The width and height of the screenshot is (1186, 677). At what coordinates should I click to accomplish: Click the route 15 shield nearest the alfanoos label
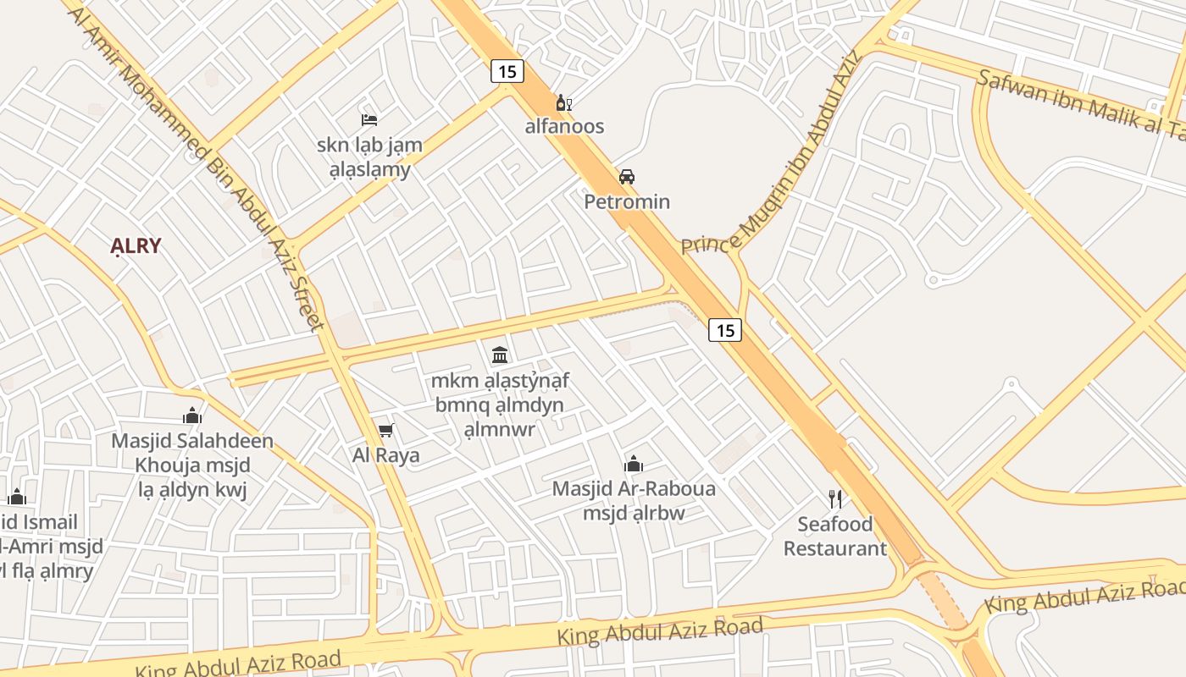pos(507,71)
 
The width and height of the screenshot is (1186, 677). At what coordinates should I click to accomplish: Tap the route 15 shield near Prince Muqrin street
pos(725,330)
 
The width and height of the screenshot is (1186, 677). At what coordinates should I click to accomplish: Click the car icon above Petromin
pos(627,177)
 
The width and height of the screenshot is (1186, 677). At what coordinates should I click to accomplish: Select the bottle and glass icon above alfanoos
pos(563,103)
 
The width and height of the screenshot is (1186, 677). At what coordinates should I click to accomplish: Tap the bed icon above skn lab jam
pos(369,119)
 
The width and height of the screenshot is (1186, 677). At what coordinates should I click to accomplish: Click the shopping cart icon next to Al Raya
pos(386,430)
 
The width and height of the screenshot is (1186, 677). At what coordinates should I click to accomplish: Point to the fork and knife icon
pos(835,498)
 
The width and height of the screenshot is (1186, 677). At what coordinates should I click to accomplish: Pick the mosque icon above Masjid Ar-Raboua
pos(634,464)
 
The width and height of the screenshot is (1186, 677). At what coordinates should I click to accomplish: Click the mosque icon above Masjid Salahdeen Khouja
pos(192,416)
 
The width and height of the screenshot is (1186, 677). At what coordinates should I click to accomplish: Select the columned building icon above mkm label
pos(500,355)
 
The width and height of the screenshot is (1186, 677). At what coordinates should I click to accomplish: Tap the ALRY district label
pos(136,246)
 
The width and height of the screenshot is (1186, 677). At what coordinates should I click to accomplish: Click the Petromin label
pos(627,201)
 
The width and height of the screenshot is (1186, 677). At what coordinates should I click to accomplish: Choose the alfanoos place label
pos(564,127)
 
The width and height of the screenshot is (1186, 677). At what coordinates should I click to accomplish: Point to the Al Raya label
pos(386,455)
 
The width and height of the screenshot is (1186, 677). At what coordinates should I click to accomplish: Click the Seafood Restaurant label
pos(834,536)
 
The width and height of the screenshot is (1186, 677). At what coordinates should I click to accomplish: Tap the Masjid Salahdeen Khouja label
pos(192,453)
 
